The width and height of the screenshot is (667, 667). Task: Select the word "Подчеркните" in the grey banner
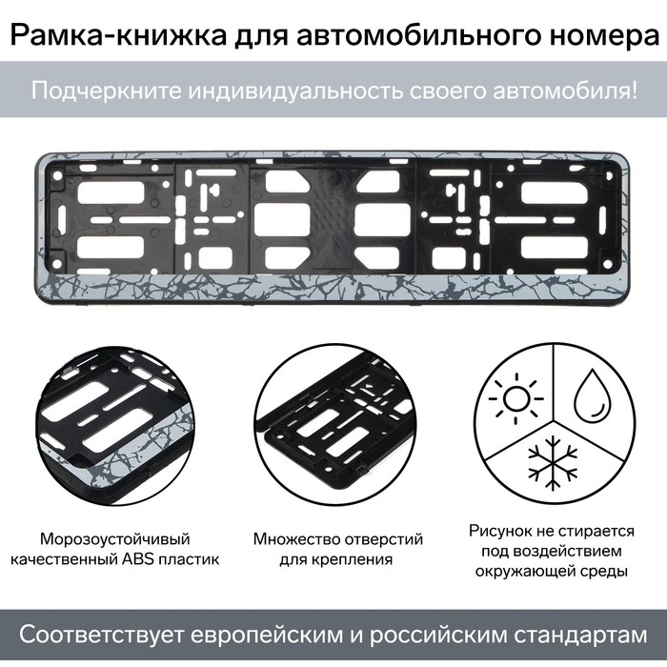click(x=107, y=91)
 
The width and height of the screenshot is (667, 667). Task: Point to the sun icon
click(x=516, y=399)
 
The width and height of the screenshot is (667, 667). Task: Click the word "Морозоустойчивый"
click(x=115, y=539)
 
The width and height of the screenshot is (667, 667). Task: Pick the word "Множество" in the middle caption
click(x=296, y=539)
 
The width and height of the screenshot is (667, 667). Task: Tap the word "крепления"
click(x=356, y=559)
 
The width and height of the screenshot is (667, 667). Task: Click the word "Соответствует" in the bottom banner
click(x=102, y=636)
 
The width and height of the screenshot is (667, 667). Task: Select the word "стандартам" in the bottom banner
click(x=580, y=636)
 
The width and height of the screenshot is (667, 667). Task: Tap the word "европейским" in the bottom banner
click(x=267, y=636)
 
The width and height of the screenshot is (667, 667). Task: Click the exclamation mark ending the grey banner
click(x=635, y=91)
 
